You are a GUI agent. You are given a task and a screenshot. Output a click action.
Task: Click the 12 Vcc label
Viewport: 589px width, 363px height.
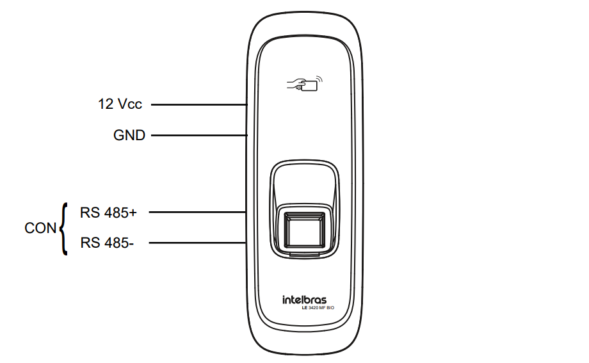(120, 104)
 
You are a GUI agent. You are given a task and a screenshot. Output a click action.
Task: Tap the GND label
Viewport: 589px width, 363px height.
(129, 136)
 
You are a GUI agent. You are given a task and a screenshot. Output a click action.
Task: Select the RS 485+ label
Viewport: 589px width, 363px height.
(108, 212)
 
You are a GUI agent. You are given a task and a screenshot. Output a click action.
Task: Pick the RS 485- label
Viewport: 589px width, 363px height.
(108, 243)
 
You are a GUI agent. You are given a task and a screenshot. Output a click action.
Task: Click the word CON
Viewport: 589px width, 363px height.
(40, 228)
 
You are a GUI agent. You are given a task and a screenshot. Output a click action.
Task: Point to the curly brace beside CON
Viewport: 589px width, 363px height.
(63, 229)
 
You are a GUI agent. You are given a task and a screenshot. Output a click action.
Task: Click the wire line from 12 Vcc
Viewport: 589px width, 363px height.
(198, 104)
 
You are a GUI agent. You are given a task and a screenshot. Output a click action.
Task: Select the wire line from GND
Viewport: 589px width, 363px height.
(198, 136)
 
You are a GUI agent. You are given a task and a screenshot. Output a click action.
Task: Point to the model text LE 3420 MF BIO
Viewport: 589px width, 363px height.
(318, 309)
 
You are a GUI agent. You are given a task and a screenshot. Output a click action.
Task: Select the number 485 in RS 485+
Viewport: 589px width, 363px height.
(116, 212)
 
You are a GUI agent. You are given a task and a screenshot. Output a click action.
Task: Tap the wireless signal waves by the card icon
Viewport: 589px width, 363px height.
(319, 80)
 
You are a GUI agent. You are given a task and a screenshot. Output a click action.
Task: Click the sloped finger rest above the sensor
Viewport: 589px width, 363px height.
(304, 185)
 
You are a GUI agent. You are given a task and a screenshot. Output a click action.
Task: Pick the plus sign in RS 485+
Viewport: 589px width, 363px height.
(133, 212)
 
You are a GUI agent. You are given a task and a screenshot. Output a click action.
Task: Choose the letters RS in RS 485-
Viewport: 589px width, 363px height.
(90, 243)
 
